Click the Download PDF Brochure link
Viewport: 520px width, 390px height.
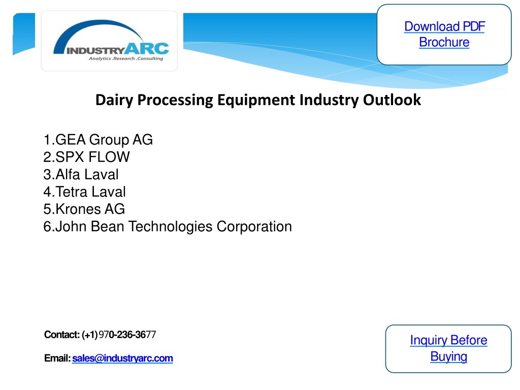pyautogui.click(x=444, y=34)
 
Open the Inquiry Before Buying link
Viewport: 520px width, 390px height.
pyautogui.click(x=448, y=348)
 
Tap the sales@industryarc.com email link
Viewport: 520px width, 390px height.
pyautogui.click(x=122, y=358)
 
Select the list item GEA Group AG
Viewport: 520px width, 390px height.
pyautogui.click(x=98, y=140)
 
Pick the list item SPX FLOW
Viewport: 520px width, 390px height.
pyautogui.click(x=86, y=157)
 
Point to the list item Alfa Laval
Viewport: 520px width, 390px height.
pyautogui.click(x=81, y=175)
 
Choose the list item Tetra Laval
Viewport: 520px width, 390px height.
pyautogui.click(x=85, y=191)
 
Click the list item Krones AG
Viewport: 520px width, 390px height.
pyautogui.click(x=84, y=209)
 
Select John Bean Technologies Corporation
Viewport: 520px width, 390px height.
pyautogui.click(x=168, y=226)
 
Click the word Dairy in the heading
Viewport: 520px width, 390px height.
pyautogui.click(x=114, y=100)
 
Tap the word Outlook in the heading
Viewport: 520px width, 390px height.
pyautogui.click(x=392, y=100)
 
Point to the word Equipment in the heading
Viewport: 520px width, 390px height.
pyautogui.click(x=256, y=100)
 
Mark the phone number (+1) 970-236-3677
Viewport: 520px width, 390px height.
pyautogui.click(x=119, y=335)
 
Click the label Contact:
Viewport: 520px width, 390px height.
pyautogui.click(x=62, y=335)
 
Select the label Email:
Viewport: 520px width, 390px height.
pyautogui.click(x=57, y=358)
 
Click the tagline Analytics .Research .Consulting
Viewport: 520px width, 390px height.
pyautogui.click(x=126, y=59)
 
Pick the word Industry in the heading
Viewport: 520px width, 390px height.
pyautogui.click(x=329, y=100)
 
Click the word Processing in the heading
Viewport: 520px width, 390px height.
pyautogui.click(x=175, y=100)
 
